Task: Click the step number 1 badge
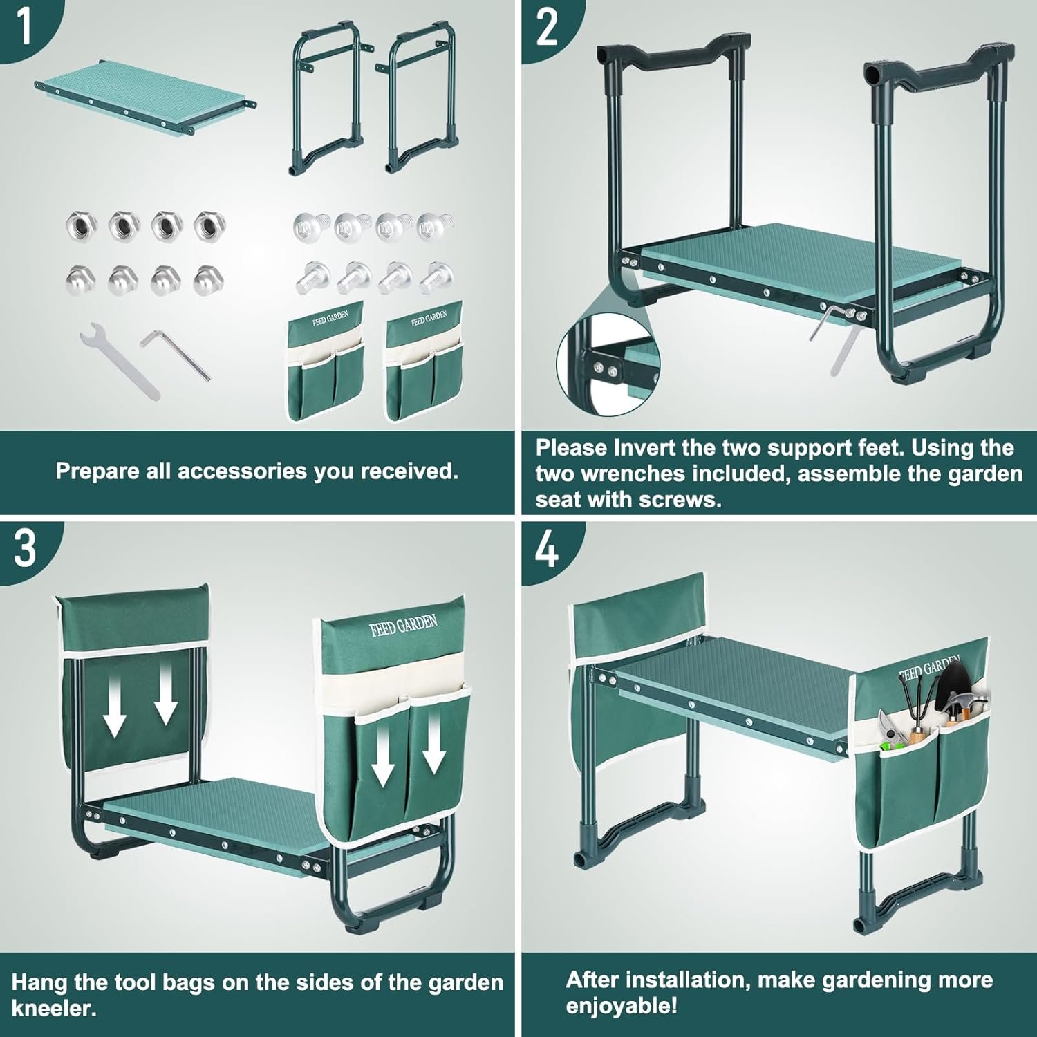coord(25,26)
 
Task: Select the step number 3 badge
coord(25,550)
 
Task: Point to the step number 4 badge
coord(546,550)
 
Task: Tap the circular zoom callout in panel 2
coord(608,362)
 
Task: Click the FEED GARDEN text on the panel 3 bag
coord(404,626)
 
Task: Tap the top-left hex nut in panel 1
coord(80,225)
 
